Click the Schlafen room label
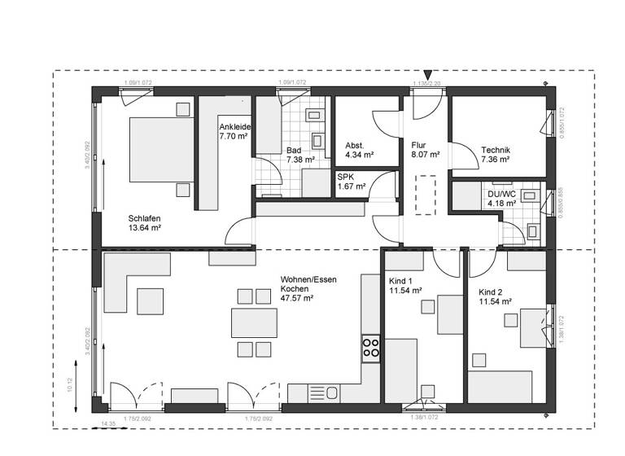coord(144,218)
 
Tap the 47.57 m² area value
coord(297,298)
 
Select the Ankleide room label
coord(234,128)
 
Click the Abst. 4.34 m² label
coord(359,148)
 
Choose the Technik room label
coord(496,150)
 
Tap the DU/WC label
coord(501,194)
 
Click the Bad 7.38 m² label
coord(297,156)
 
